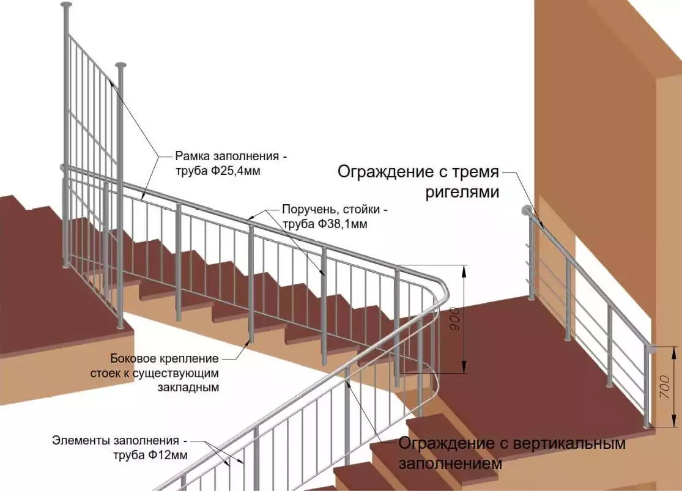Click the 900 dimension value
454,319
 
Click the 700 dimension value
665,386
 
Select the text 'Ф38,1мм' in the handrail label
343,224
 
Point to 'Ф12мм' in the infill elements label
168,456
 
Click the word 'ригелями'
462,192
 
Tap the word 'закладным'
188,387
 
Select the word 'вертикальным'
570,443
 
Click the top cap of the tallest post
67,6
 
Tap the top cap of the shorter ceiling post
121,65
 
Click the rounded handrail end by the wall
526,210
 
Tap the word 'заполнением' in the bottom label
451,463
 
